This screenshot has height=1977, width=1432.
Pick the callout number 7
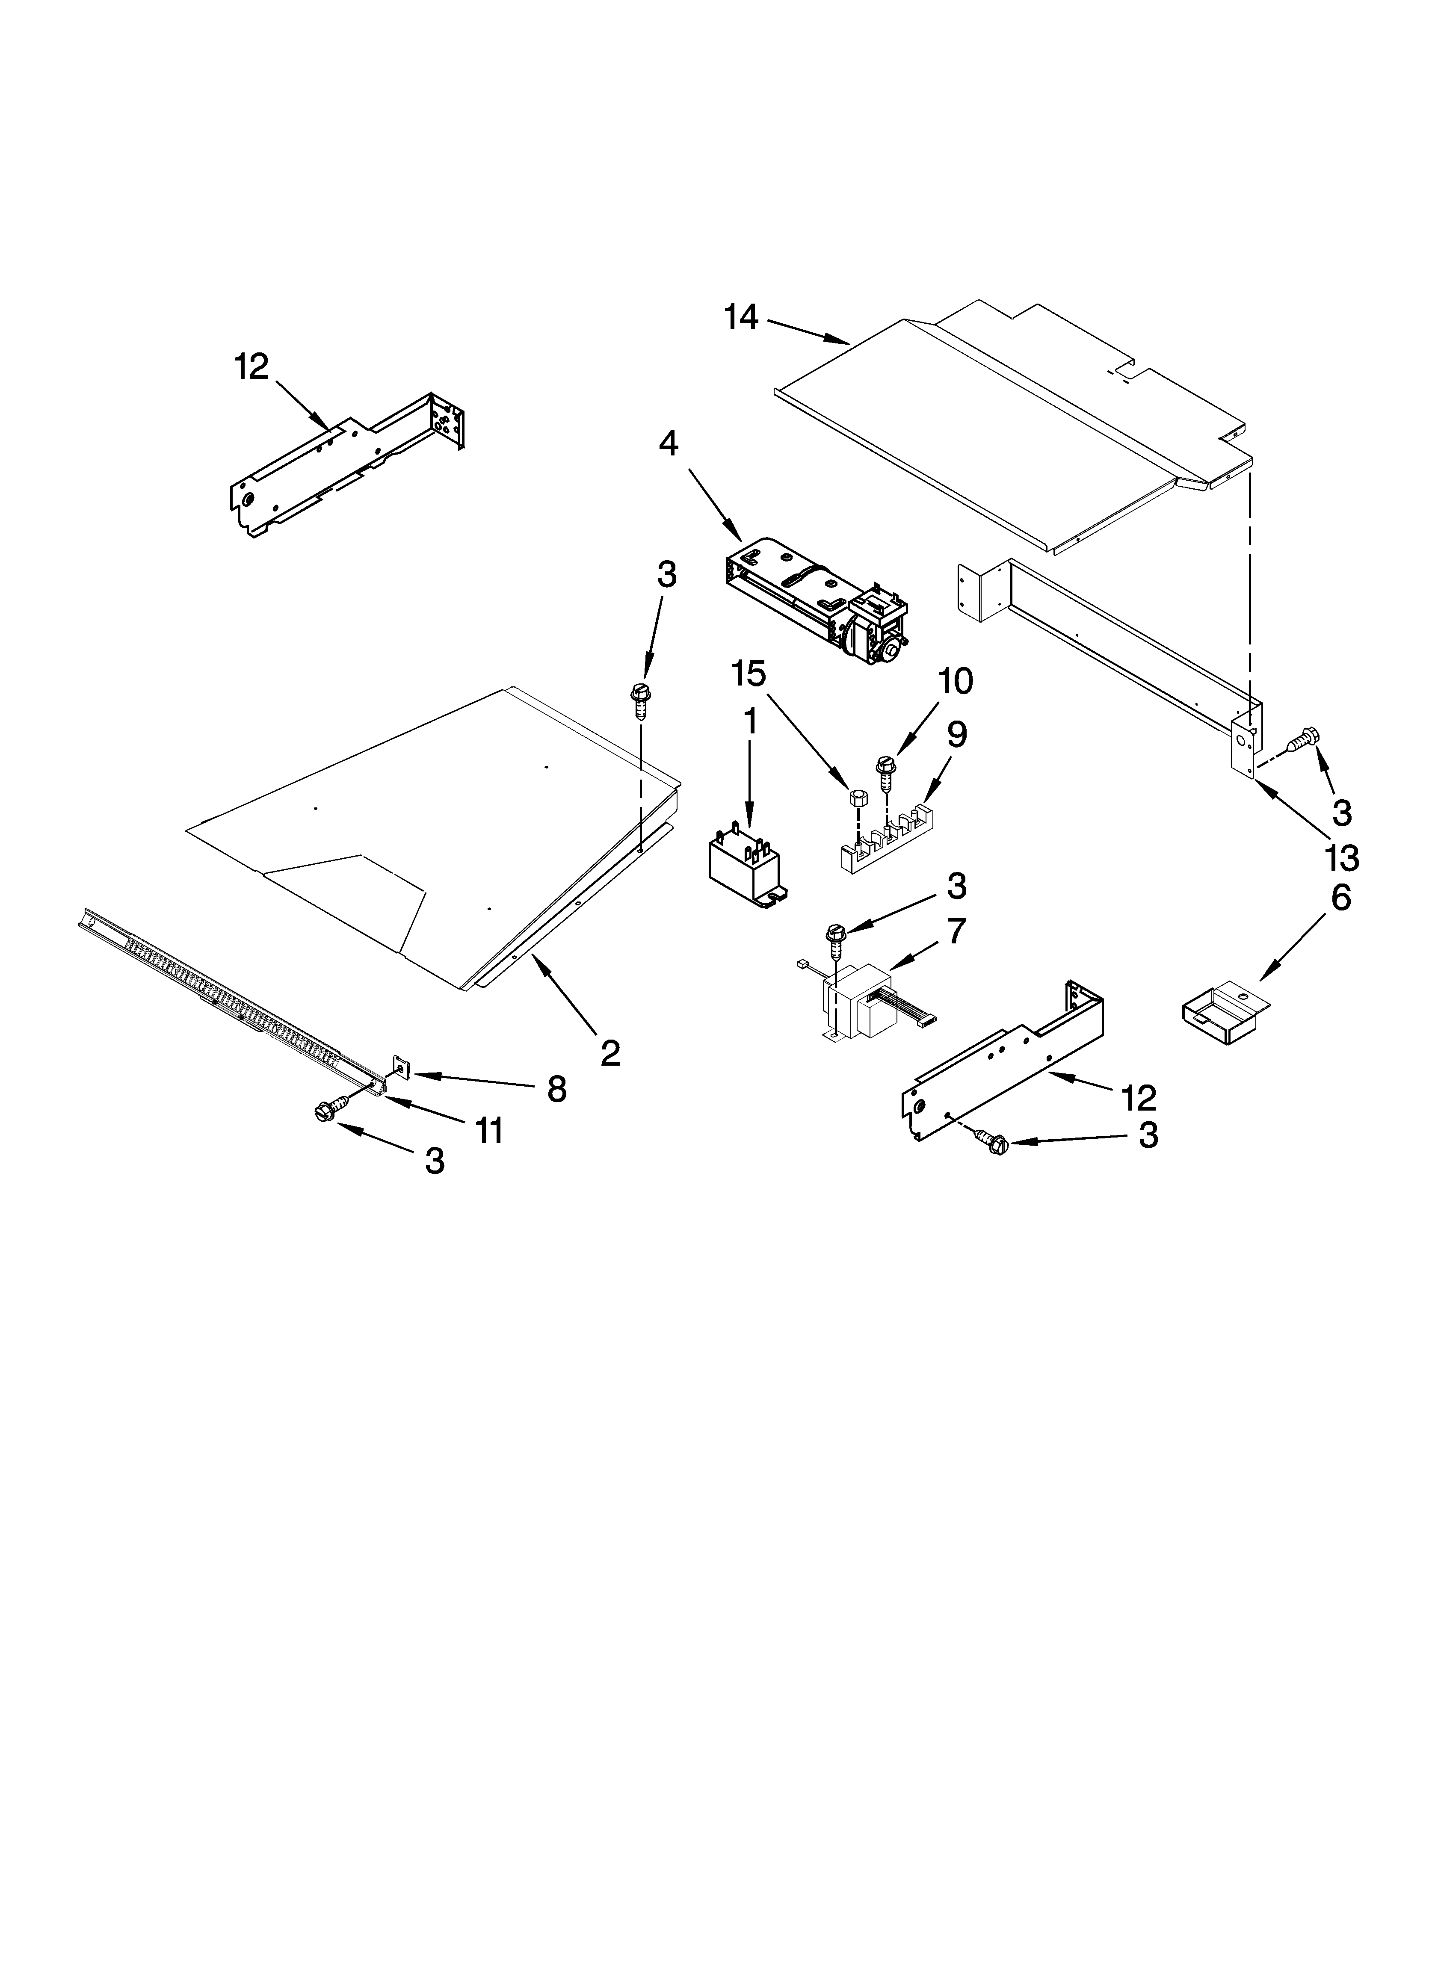(x=957, y=932)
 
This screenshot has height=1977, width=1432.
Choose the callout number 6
(x=1340, y=898)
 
